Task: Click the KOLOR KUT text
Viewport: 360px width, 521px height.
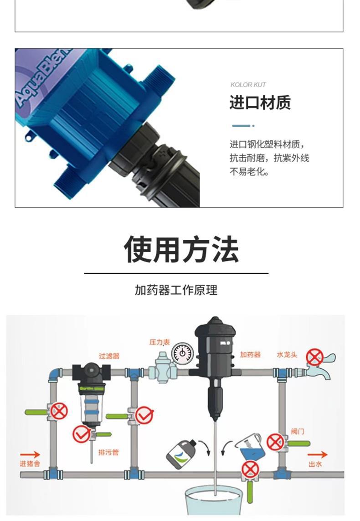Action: [x=248, y=85]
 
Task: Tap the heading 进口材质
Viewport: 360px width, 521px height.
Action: [x=260, y=103]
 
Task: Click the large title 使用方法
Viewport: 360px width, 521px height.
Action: [x=181, y=249]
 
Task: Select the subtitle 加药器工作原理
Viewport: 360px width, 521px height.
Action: [x=176, y=290]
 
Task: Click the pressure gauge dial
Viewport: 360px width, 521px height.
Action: [x=182, y=353]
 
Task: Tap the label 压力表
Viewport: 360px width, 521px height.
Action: [x=159, y=342]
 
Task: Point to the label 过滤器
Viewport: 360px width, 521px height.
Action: [x=109, y=356]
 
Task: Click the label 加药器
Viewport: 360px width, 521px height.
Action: [x=251, y=355]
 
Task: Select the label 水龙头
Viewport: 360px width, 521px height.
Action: [x=287, y=355]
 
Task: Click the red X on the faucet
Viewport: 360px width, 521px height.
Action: [x=314, y=357]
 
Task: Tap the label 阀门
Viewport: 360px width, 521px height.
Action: [x=298, y=431]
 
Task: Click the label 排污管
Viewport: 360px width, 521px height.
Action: [x=108, y=452]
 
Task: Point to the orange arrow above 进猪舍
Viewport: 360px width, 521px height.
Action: [x=30, y=454]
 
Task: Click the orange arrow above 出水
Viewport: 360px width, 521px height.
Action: [x=317, y=454]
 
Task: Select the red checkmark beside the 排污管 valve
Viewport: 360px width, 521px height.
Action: [x=82, y=434]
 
